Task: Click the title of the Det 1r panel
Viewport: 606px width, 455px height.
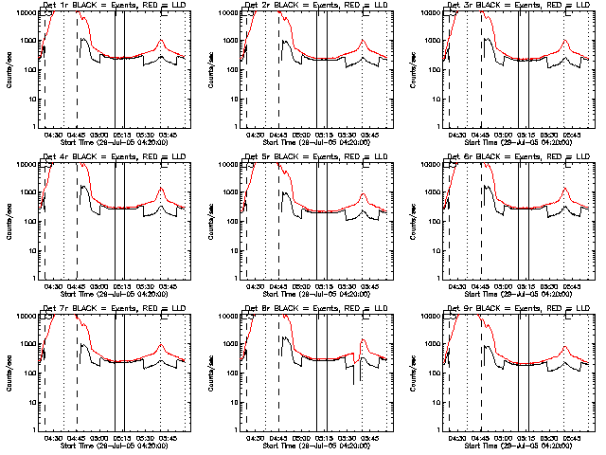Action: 114,5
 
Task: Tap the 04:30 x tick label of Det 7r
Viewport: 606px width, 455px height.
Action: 54,438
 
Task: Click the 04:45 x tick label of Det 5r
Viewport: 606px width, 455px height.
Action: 277,286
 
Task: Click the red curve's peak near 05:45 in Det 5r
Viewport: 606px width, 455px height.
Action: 364,194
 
